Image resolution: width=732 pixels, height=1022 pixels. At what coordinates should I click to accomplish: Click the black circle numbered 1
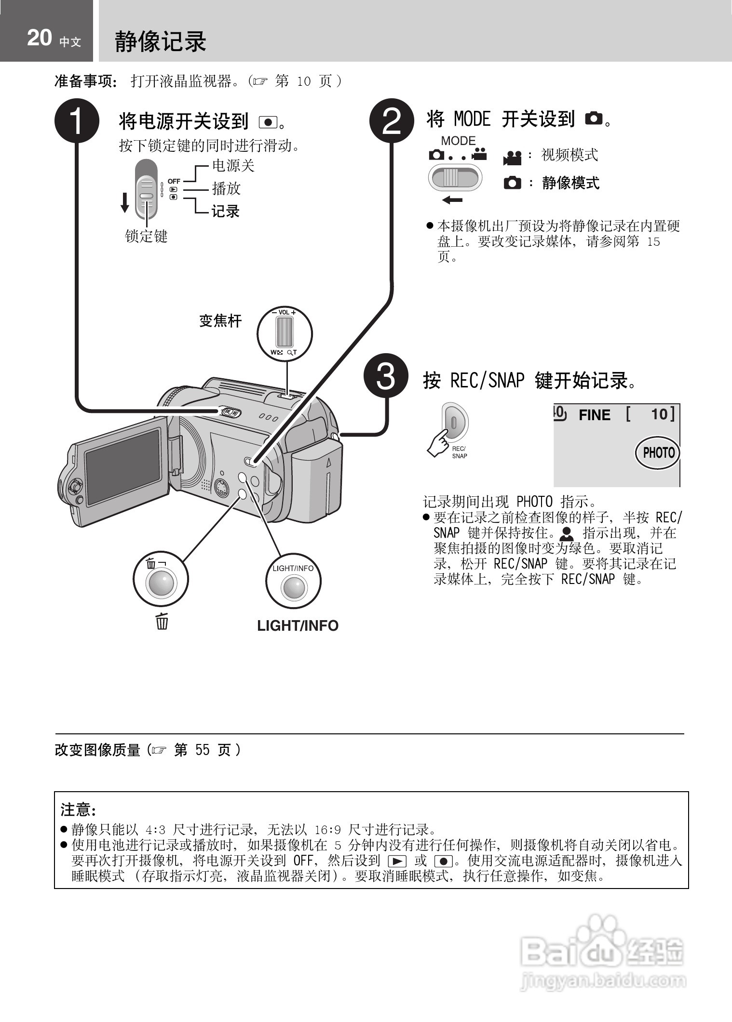[x=77, y=121]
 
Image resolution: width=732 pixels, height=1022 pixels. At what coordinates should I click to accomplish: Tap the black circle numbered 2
[x=392, y=121]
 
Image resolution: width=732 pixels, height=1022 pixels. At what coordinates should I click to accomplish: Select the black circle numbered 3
[x=386, y=376]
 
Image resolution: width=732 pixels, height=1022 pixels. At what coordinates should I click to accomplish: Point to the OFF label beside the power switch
[x=174, y=181]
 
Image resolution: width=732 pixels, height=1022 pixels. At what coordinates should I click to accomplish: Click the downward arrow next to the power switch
[x=125, y=202]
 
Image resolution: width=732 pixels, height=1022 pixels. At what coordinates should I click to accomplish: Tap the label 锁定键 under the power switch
[x=146, y=236]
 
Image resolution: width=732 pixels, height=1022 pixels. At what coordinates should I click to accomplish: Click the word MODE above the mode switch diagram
[x=458, y=141]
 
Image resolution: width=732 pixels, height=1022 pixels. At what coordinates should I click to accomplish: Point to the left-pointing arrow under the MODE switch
[x=452, y=200]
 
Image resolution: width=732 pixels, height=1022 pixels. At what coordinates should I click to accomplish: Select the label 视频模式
[x=569, y=155]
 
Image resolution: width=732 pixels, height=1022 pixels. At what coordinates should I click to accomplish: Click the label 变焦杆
[x=220, y=321]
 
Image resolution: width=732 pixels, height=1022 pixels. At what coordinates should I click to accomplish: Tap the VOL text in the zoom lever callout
[x=284, y=312]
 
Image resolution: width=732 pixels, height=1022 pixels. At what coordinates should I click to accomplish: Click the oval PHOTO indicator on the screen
[x=658, y=453]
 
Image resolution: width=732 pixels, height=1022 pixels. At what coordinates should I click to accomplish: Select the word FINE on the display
[x=594, y=415]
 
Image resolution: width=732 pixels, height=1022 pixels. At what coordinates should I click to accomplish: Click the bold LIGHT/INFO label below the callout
[x=298, y=625]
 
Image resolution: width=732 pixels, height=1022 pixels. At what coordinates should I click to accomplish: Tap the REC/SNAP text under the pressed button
[x=459, y=452]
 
